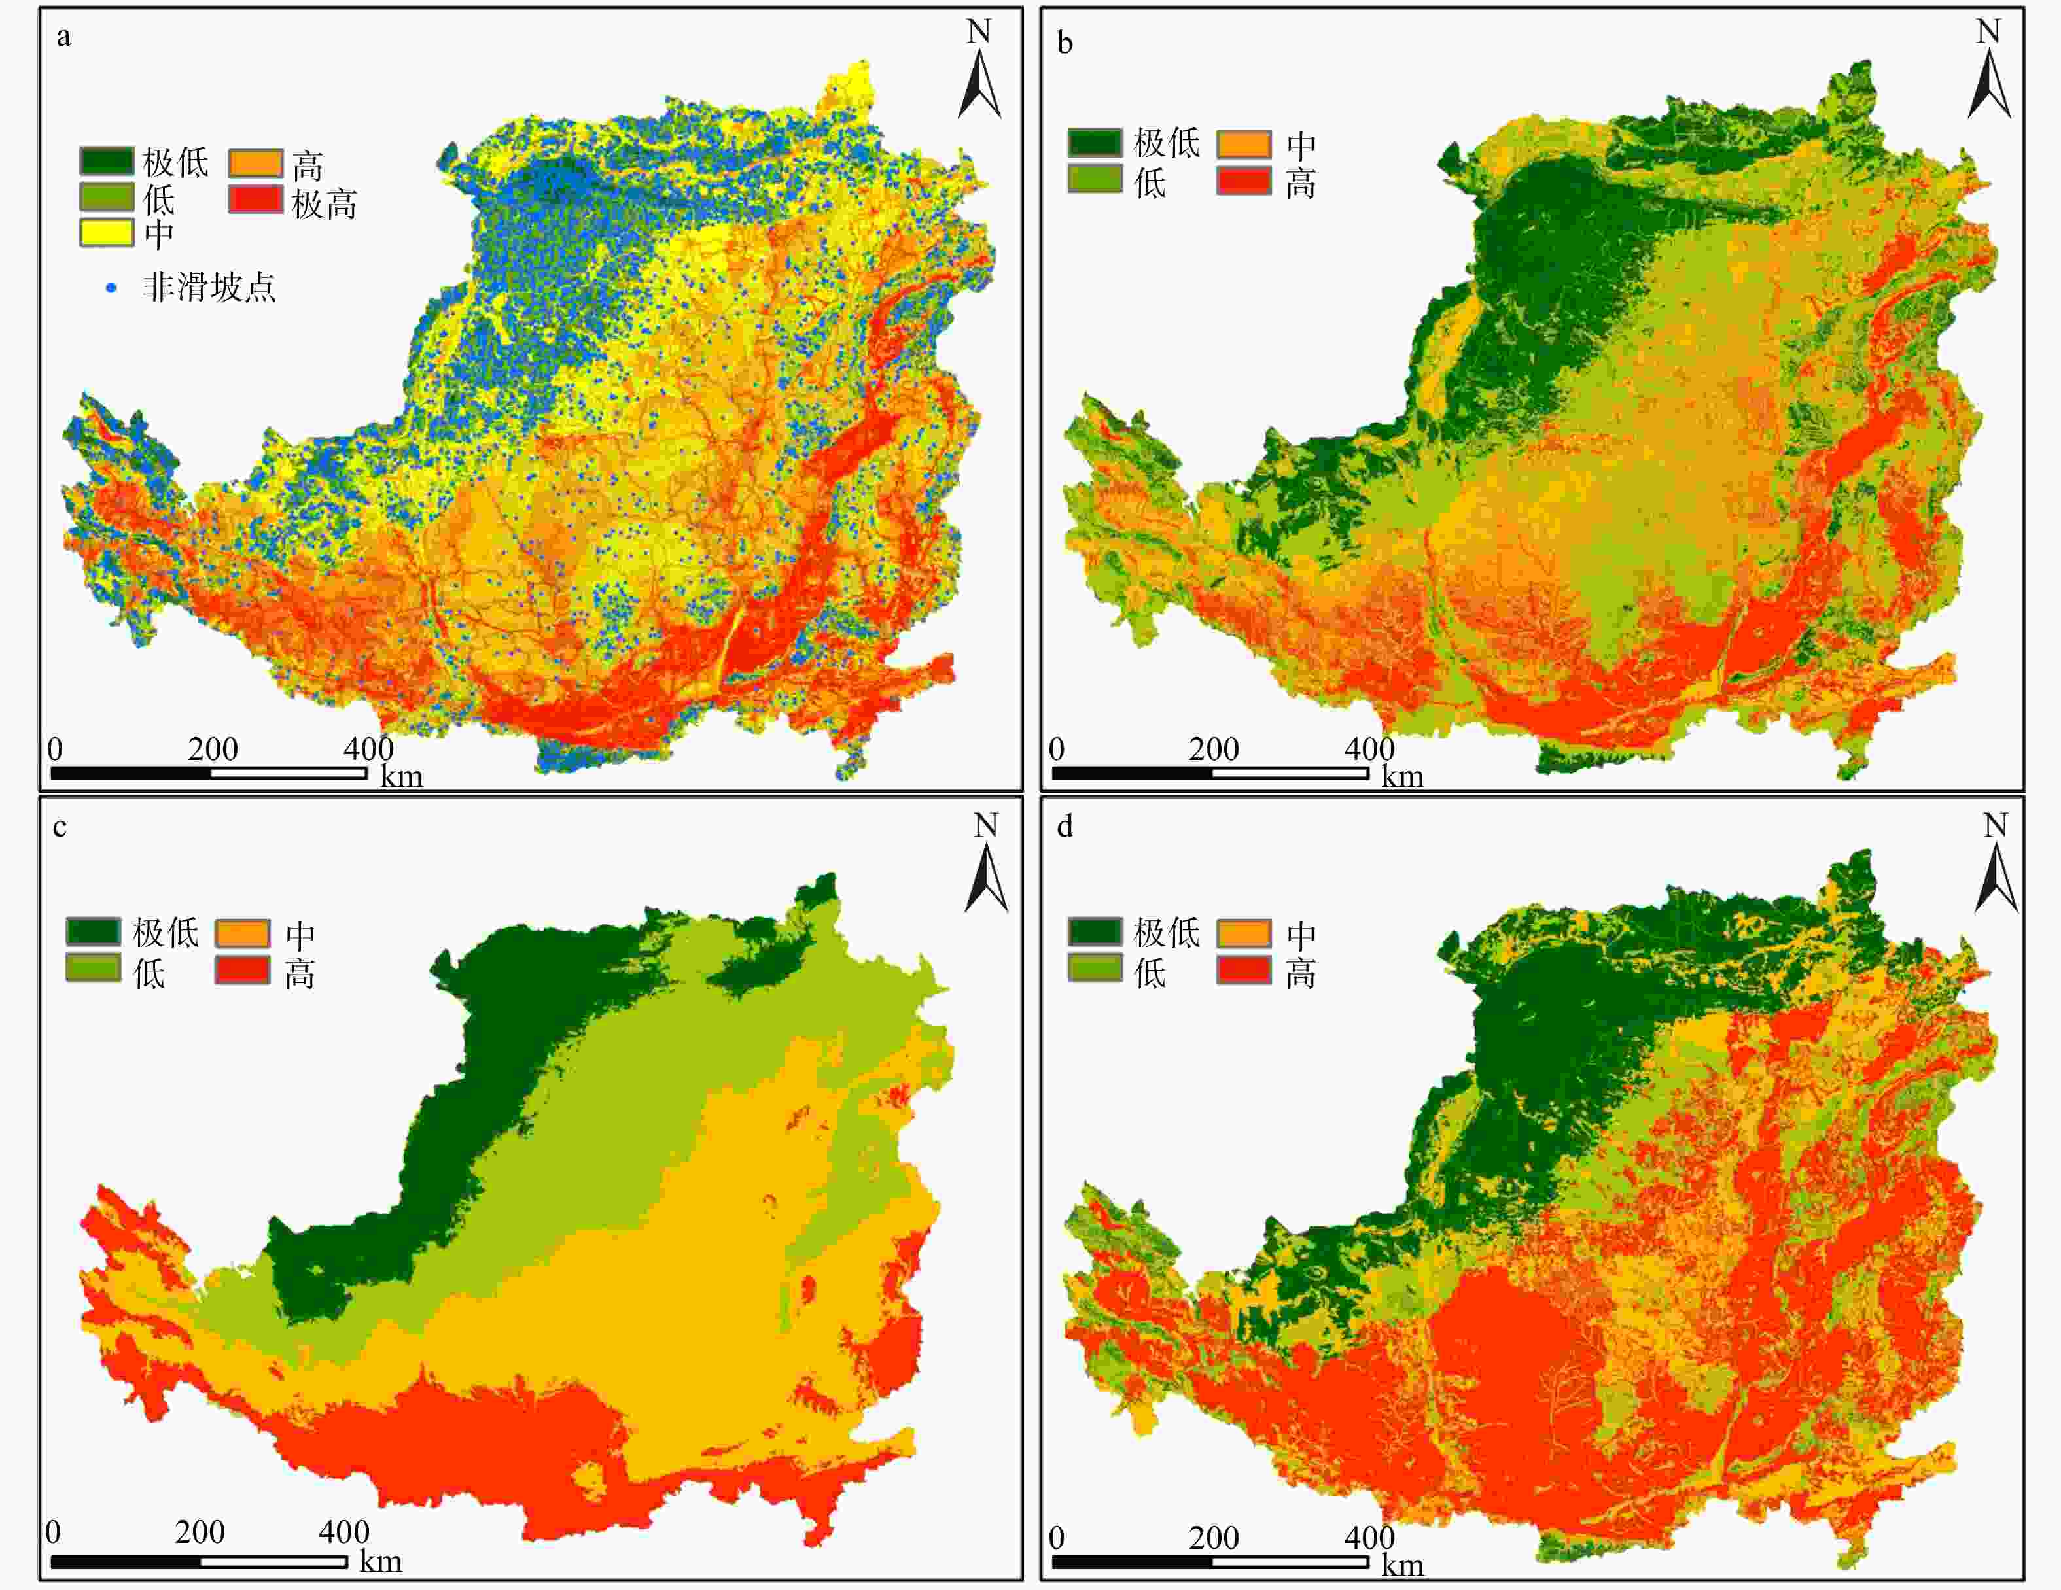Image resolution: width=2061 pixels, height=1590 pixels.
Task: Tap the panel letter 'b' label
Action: [x=1065, y=43]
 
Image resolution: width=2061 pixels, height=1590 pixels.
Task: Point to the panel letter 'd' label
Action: [x=1065, y=827]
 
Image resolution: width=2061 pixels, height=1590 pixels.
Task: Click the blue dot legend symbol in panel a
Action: [x=111, y=288]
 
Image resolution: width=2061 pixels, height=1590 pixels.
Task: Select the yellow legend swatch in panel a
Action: [x=106, y=232]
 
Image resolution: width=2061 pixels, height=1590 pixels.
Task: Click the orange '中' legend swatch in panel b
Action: [x=1243, y=145]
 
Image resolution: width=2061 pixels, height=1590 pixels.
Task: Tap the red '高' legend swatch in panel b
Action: [x=1243, y=181]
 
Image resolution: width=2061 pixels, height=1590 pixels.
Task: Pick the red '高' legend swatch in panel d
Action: [x=1243, y=969]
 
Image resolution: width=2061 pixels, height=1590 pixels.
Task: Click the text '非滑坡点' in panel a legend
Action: [x=209, y=288]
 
